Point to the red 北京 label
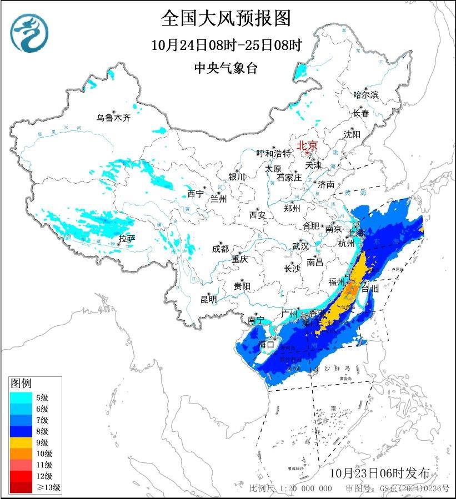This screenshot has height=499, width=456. pos(307,145)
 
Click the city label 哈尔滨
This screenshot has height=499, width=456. pos(365,95)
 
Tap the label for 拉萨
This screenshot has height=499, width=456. pos(127,239)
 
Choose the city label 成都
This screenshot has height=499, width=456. pos(220,249)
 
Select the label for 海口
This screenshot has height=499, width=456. pos(267,344)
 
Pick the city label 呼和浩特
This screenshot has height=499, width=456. pos(273,153)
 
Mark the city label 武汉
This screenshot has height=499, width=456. pos(300,246)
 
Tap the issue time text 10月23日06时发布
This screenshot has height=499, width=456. pos(379,473)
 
